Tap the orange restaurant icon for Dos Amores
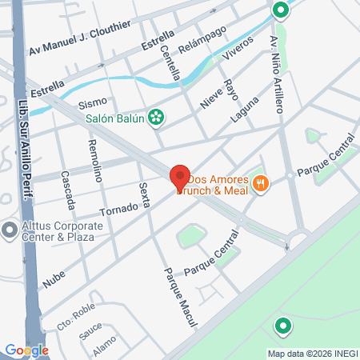(x=260, y=185)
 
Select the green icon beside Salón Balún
(x=157, y=118)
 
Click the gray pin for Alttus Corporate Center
(x=9, y=230)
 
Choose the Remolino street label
(x=95, y=161)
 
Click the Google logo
(x=26, y=350)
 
